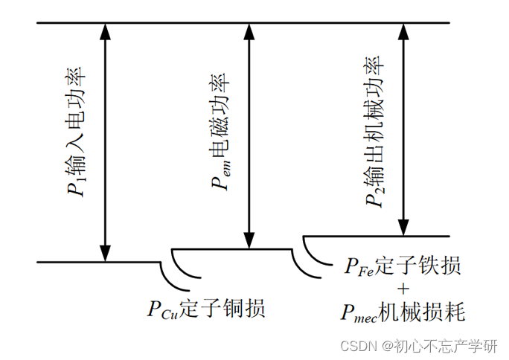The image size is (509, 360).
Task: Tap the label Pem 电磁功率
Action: (220, 130)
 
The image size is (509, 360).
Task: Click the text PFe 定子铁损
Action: (402, 266)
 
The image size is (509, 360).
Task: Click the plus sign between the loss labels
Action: (403, 289)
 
